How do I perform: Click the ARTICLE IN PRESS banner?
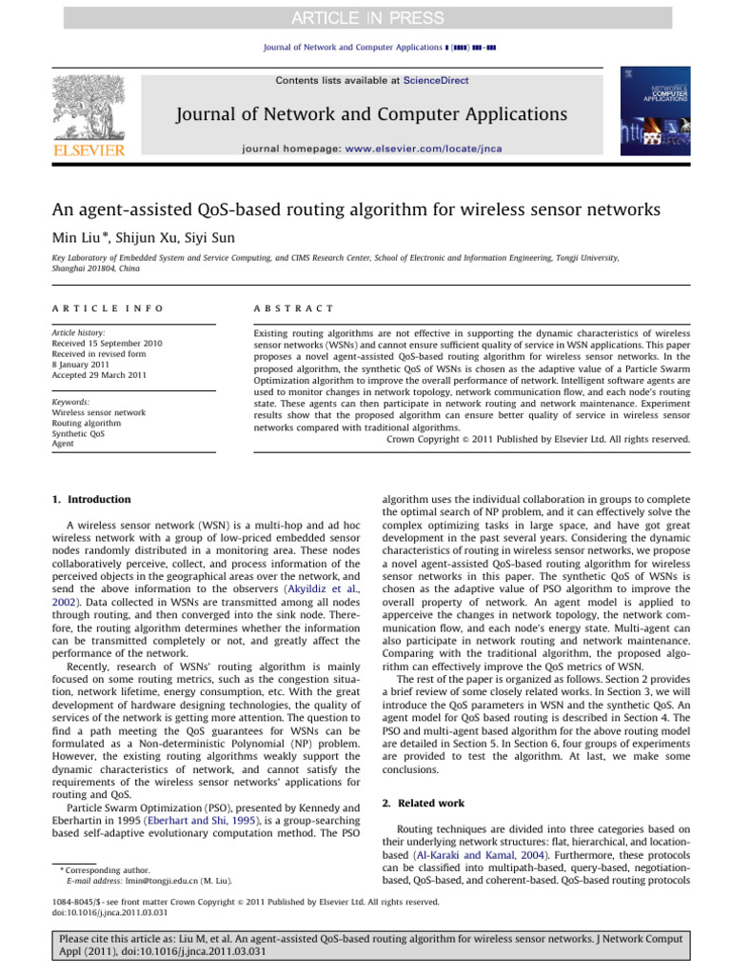tap(365, 17)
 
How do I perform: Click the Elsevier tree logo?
tap(87, 110)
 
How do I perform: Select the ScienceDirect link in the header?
tap(436, 81)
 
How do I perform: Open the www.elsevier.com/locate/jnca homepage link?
tap(423, 149)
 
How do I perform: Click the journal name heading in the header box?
tap(371, 114)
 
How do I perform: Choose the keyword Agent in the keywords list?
tap(64, 444)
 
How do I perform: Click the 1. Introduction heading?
tap(91, 499)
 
